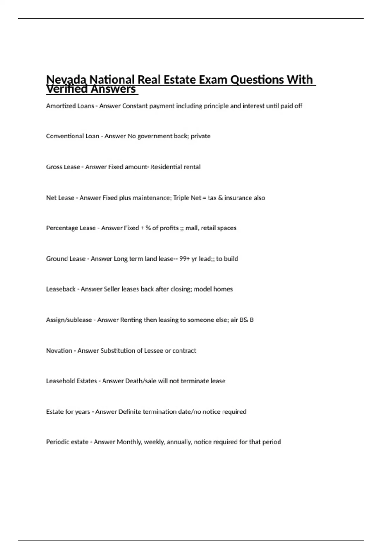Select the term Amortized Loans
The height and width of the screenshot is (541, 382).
pyautogui.click(x=70, y=106)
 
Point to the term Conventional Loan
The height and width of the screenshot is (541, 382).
pyautogui.click(x=73, y=136)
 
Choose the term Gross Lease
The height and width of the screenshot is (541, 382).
pyautogui.click(x=63, y=167)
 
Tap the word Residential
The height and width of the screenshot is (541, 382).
pyautogui.click(x=164, y=167)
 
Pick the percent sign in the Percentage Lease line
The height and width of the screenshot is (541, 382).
pyautogui.click(x=148, y=228)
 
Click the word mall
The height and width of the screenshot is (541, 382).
pyautogui.click(x=191, y=228)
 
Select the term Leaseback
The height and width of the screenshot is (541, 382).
pyautogui.click(x=61, y=289)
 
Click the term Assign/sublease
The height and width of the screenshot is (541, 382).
pyautogui.click(x=69, y=320)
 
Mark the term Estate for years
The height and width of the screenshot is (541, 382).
pyautogui.click(x=68, y=412)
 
